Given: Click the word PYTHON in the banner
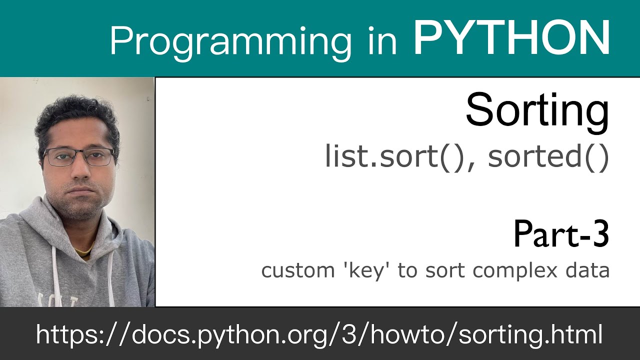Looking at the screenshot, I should tap(511, 38).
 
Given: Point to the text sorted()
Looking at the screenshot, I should tap(548, 157).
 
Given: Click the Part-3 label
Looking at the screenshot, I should tap(561, 234).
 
